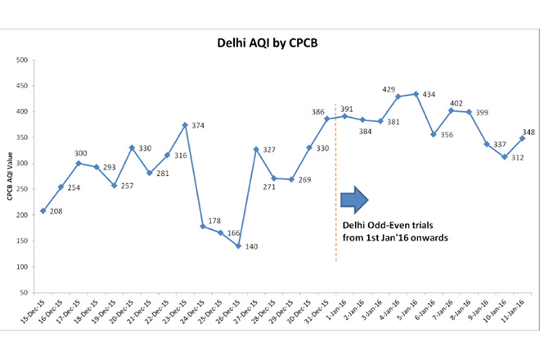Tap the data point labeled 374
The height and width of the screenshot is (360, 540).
click(185, 125)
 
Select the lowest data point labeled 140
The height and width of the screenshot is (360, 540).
click(238, 245)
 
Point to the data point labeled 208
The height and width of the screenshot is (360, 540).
click(43, 211)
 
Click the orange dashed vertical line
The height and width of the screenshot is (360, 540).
click(336, 180)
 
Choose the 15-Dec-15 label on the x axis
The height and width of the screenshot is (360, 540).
click(36, 315)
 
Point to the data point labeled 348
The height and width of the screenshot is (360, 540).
click(522, 138)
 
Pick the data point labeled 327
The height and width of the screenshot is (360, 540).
click(256, 149)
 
